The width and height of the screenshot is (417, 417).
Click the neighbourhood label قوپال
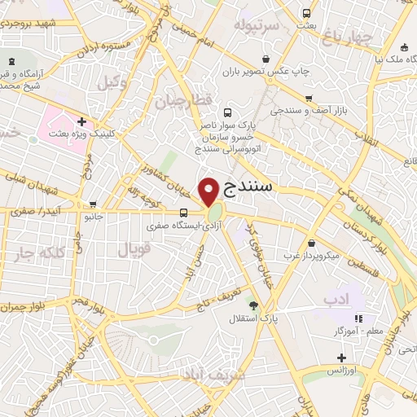(x=134, y=251)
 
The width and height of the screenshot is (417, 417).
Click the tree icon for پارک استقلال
(x=253, y=305)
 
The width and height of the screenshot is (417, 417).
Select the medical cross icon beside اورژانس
(x=341, y=358)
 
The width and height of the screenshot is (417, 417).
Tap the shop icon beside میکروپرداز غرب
(x=313, y=243)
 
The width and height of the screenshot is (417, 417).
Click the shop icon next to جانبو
(x=94, y=204)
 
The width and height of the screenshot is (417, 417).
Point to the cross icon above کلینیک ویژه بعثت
(x=81, y=121)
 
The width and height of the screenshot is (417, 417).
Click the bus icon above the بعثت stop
(x=305, y=14)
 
